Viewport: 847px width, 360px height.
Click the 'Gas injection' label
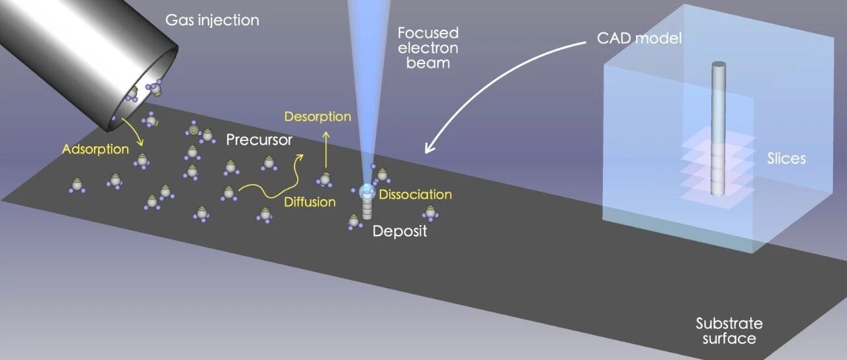click(x=212, y=21)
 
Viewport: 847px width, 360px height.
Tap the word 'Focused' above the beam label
click(x=428, y=33)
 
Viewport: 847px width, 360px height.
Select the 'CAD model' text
click(x=639, y=38)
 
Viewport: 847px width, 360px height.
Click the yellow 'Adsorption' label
click(x=95, y=149)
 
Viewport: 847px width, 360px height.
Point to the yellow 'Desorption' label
click(x=318, y=116)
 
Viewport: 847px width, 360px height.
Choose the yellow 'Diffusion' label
click(x=310, y=202)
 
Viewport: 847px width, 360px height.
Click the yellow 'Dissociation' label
click(x=416, y=195)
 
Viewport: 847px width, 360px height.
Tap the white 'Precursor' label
click(x=259, y=140)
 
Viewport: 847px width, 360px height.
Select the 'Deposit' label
click(x=400, y=231)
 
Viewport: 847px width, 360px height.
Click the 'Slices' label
click(x=787, y=158)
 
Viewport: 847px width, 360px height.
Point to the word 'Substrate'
click(x=729, y=324)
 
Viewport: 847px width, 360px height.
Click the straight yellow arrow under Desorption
click(x=326, y=150)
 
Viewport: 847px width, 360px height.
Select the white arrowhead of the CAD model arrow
click(x=429, y=148)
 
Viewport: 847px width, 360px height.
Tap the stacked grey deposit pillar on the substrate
click(x=367, y=208)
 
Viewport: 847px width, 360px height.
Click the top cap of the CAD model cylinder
click(x=719, y=64)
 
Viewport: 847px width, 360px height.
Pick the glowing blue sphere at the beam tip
click(x=367, y=191)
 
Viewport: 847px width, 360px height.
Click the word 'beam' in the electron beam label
click(x=428, y=63)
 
